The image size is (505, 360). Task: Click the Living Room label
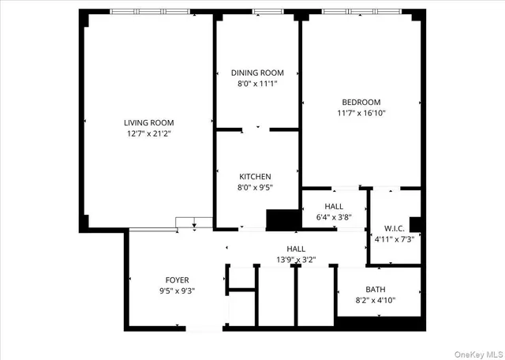[148, 122]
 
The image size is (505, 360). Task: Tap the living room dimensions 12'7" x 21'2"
[148, 134]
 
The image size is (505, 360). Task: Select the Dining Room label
[257, 73]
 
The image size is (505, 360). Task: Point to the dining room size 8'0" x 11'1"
[257, 83]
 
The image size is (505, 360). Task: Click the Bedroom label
[361, 102]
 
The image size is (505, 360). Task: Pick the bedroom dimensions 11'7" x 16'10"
[361, 113]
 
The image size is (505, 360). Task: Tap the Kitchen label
[256, 176]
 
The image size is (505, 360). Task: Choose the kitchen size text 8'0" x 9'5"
[256, 187]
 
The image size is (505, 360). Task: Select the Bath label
[375, 289]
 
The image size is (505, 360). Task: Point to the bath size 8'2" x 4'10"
[375, 300]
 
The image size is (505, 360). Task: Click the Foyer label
[177, 280]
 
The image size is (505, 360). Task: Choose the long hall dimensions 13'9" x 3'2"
[296, 259]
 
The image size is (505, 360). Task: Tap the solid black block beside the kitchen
[279, 219]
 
